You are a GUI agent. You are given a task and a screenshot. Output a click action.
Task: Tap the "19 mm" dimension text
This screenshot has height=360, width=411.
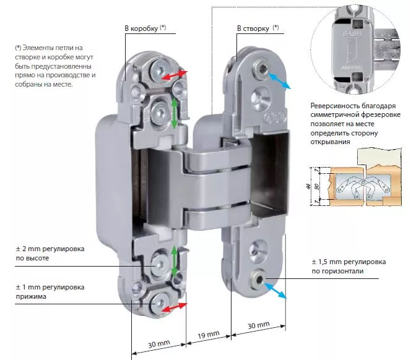(208, 335)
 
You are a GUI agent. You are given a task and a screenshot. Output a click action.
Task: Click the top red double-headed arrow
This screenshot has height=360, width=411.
(175, 75)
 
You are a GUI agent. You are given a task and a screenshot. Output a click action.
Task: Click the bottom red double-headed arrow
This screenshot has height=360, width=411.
(175, 306)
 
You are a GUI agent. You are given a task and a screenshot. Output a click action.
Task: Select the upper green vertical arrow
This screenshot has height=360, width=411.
(175, 113)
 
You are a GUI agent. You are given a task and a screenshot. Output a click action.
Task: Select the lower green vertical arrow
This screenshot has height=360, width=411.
(175, 262)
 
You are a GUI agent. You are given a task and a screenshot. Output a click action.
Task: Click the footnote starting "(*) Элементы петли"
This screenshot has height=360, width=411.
(55, 65)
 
